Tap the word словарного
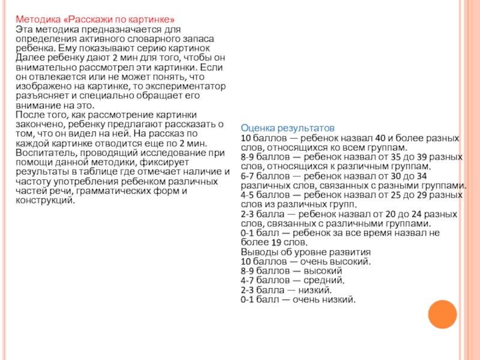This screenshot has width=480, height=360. [160, 38]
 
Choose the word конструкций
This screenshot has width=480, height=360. [46, 200]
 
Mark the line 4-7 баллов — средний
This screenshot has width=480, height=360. [292, 280]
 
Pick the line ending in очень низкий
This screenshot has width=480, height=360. [298, 299]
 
